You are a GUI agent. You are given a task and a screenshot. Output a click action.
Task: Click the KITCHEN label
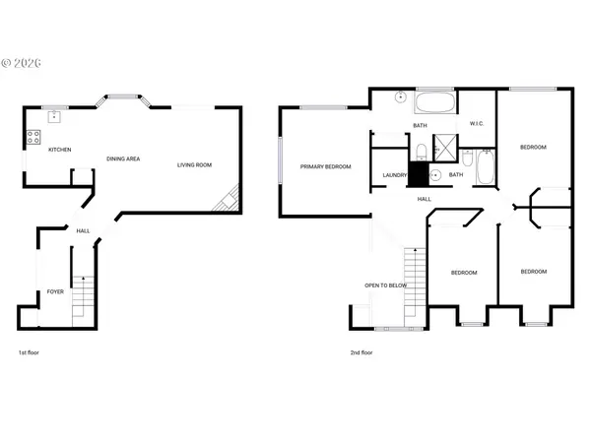(x=59, y=150)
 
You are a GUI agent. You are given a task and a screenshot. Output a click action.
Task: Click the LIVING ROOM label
(x=194, y=165)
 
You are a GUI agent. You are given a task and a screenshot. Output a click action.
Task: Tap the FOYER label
(x=55, y=292)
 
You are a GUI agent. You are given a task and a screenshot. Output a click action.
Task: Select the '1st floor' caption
(x=30, y=352)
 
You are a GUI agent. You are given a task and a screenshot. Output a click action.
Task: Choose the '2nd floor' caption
(x=361, y=352)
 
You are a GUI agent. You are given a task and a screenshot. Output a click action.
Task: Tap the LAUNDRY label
(x=394, y=176)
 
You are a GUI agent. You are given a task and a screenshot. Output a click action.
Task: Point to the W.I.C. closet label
(x=476, y=124)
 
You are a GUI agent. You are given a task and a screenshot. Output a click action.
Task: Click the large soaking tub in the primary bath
(x=434, y=103)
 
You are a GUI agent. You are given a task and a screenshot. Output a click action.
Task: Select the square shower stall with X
(x=444, y=150)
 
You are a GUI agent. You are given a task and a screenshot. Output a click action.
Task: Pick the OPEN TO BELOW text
(x=386, y=285)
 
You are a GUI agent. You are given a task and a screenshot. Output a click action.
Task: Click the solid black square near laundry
(x=419, y=175)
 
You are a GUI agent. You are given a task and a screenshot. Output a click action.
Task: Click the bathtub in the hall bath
(x=485, y=168)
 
